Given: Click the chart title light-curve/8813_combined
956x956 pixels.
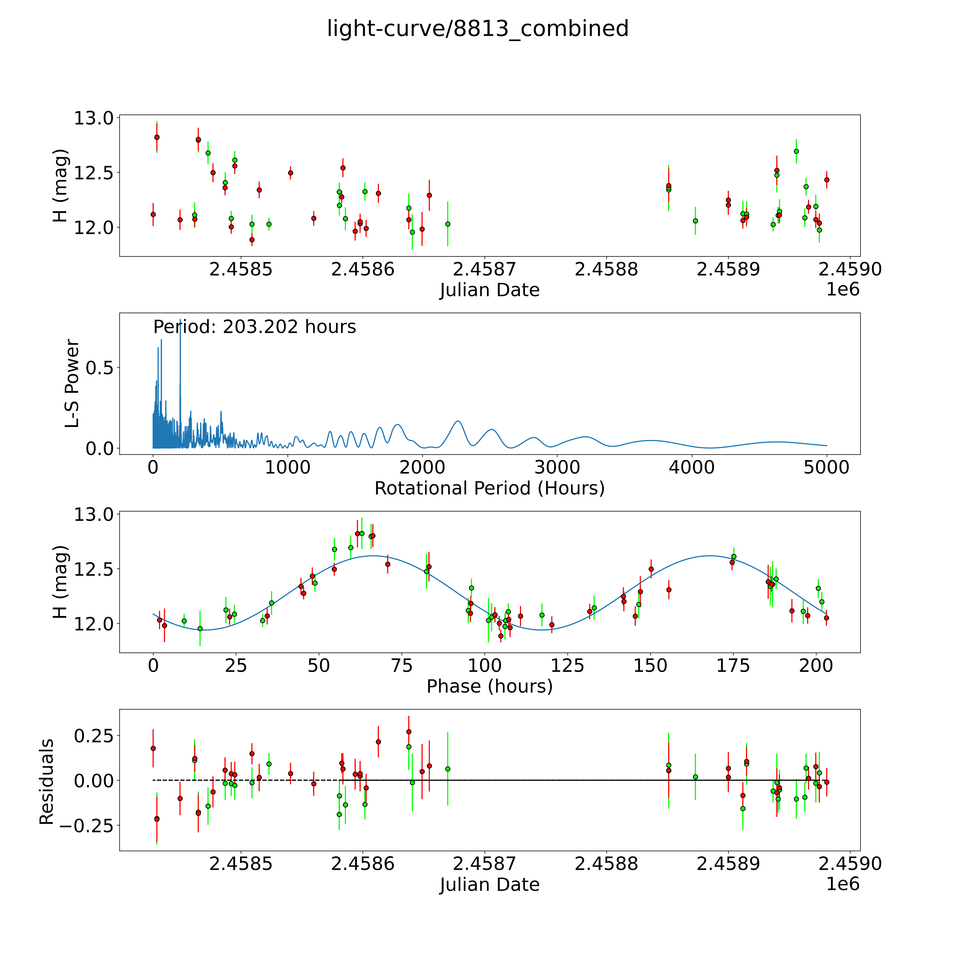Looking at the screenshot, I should [x=477, y=29].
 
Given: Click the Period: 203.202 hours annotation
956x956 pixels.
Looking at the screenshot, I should [x=254, y=327].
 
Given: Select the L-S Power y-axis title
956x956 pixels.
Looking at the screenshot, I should [x=72, y=383].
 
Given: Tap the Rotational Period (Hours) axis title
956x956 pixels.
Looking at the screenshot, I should [x=489, y=488].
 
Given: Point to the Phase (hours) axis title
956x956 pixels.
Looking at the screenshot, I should [x=489, y=686].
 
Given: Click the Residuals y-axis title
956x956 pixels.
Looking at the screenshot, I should [x=47, y=782].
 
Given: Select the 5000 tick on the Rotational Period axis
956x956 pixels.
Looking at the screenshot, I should [x=826, y=468].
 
